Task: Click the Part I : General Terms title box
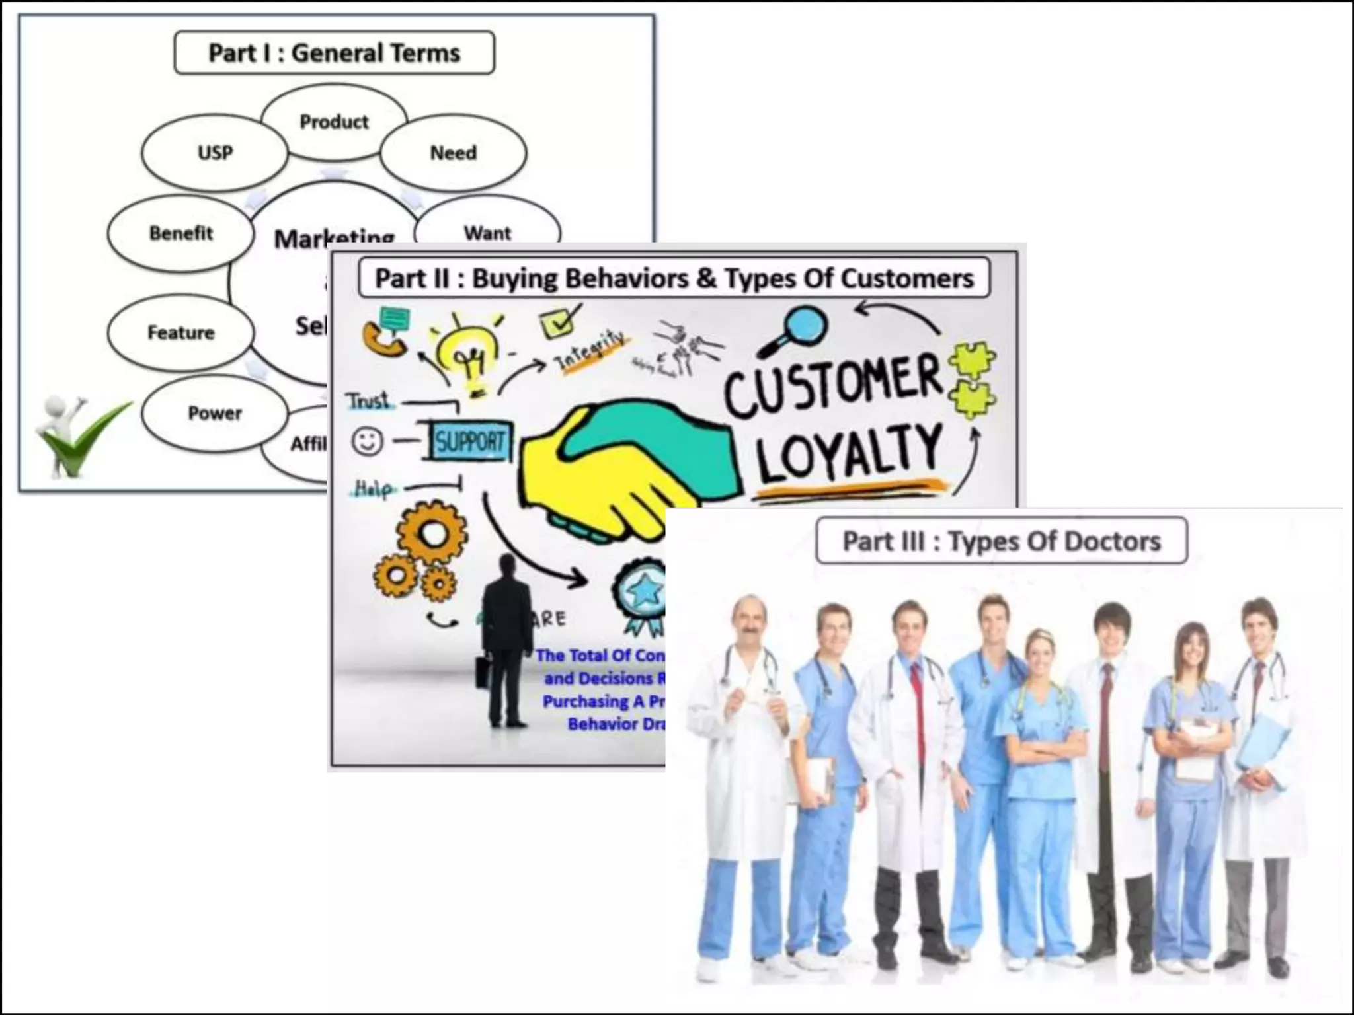click(334, 53)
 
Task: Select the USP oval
click(215, 153)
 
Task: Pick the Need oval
click(454, 153)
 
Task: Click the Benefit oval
click(180, 233)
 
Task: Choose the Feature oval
click(180, 332)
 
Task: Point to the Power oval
click(215, 413)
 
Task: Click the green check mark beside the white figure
click(86, 436)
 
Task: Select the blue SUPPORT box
click(469, 441)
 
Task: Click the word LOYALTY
click(850, 453)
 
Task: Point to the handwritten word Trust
click(368, 401)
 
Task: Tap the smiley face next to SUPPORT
click(368, 441)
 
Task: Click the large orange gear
click(432, 533)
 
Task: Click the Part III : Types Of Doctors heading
click(1002, 541)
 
